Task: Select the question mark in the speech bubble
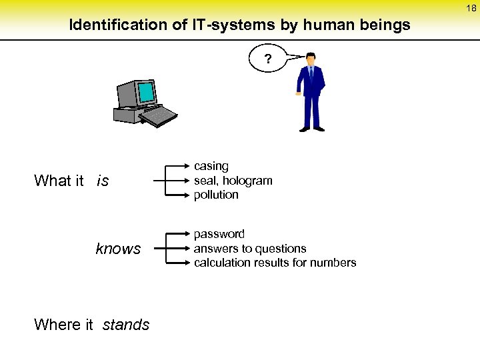click(x=267, y=60)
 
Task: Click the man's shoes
click(x=311, y=129)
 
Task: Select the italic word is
click(x=103, y=181)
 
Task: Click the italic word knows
click(x=119, y=249)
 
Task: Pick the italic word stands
click(x=126, y=325)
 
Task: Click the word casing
click(x=211, y=166)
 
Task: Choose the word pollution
click(x=216, y=195)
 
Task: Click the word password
click(x=219, y=234)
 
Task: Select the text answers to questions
click(x=250, y=249)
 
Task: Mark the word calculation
click(x=221, y=263)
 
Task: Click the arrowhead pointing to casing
click(x=188, y=166)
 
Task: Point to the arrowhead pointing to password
click(x=188, y=234)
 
